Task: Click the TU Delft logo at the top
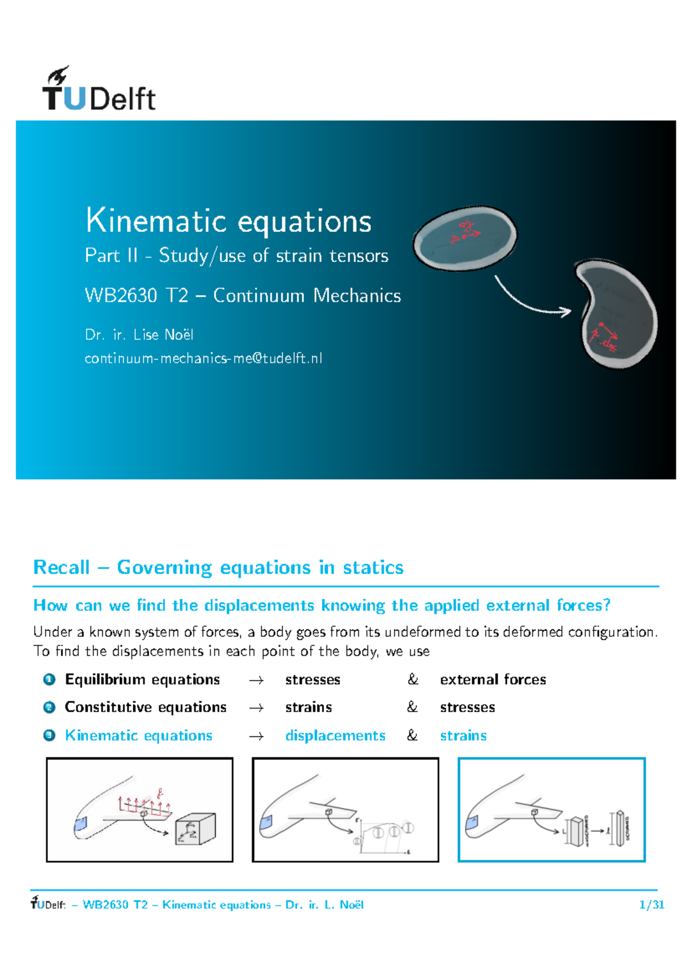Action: [99, 89]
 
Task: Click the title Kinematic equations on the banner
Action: [228, 221]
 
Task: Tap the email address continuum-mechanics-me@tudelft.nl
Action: [203, 358]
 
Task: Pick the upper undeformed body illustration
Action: [464, 238]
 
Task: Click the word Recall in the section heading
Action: [62, 567]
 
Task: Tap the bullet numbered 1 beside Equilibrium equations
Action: [49, 679]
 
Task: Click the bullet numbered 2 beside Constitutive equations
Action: [49, 707]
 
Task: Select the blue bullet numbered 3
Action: [49, 735]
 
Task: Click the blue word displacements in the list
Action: [335, 735]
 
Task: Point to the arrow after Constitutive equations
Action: [256, 708]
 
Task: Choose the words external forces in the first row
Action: [492, 679]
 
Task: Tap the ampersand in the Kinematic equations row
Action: [412, 735]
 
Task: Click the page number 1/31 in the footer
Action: [652, 905]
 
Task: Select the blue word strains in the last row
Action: [463, 735]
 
